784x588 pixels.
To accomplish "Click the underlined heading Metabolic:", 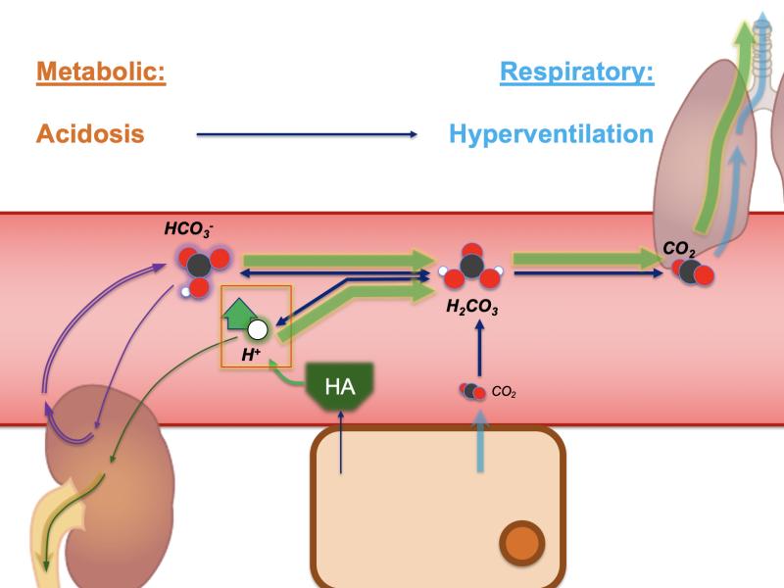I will click(x=100, y=73).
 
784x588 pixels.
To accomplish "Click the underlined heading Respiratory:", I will click(x=576, y=73).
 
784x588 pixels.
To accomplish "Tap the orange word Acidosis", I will click(x=90, y=134).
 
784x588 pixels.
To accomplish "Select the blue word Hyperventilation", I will click(x=551, y=134).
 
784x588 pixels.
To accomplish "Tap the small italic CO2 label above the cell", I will click(x=504, y=392).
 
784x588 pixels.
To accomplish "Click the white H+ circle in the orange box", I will click(x=258, y=329).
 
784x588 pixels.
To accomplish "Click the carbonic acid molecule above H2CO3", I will click(x=471, y=265).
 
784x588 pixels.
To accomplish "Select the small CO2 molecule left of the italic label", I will click(x=472, y=392).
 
